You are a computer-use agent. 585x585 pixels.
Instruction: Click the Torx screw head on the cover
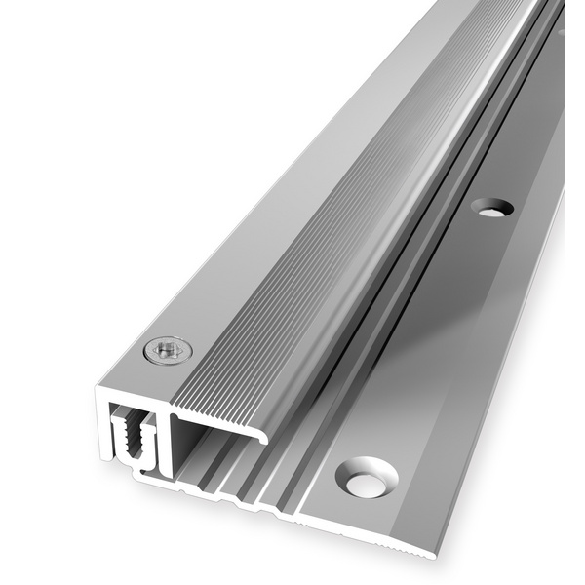(x=168, y=350)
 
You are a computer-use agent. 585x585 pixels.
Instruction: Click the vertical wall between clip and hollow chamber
(x=167, y=444)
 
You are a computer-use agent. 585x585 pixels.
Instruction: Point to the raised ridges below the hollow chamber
(x=234, y=478)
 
